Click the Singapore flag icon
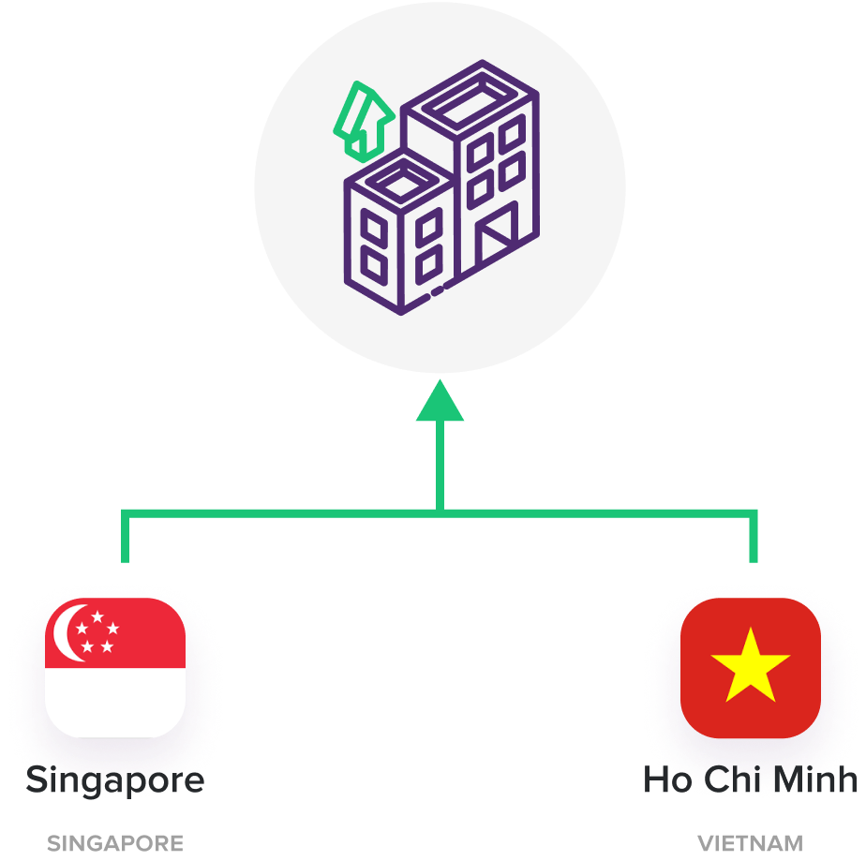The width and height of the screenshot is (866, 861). pos(115,668)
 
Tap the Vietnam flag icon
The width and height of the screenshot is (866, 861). pos(751,668)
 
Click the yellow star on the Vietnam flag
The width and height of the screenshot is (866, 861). pos(751,664)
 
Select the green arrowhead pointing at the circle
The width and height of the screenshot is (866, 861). pos(440,400)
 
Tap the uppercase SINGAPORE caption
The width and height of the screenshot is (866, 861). pos(115,843)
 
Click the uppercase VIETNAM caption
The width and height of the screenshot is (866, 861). pos(750,843)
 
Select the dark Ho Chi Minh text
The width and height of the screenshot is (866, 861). pos(750,779)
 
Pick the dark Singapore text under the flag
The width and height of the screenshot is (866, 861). pos(115,779)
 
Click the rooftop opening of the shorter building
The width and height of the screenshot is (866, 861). pos(401,178)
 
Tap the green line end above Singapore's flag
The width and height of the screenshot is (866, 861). pos(125,558)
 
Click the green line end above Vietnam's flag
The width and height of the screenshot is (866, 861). pos(754,558)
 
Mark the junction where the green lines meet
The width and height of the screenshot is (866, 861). pos(440,512)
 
